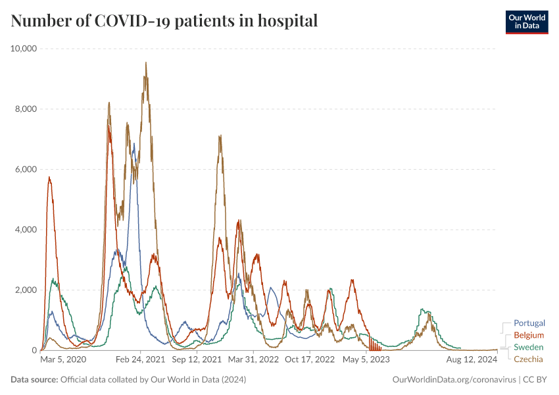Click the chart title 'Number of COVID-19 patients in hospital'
click(x=164, y=21)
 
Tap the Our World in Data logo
click(x=526, y=21)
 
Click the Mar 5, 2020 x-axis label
click(x=63, y=359)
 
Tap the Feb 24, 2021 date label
click(x=140, y=359)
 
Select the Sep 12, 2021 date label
click(x=196, y=359)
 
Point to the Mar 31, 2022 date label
click(x=253, y=359)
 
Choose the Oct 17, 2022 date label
click(x=310, y=359)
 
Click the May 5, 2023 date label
click(x=366, y=359)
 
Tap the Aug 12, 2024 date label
click(x=472, y=359)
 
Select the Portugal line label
click(x=529, y=323)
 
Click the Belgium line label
click(x=529, y=335)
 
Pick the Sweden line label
click(x=529, y=347)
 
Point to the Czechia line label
click(x=529, y=359)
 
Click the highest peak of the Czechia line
click(x=145, y=63)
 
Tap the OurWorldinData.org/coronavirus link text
click(x=454, y=380)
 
